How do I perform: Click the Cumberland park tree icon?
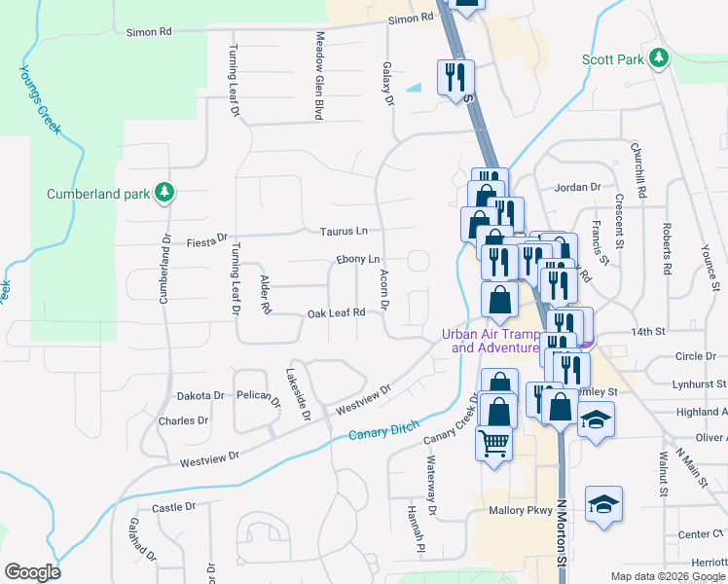(164, 194)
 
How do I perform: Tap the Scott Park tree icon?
(660, 58)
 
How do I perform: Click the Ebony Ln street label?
(357, 260)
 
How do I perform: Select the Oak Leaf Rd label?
(336, 312)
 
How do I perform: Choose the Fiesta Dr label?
(206, 237)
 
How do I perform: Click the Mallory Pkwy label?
(520, 510)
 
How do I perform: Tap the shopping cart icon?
(494, 444)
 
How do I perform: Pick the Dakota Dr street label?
(200, 396)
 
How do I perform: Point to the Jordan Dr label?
(578, 187)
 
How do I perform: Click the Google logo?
(32, 572)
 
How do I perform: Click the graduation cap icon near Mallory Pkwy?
(603, 504)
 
